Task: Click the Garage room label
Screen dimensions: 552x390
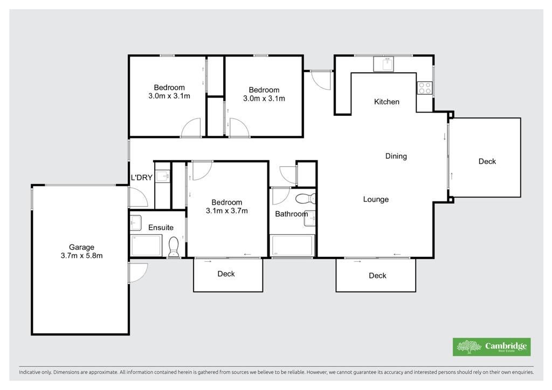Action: click(81, 247)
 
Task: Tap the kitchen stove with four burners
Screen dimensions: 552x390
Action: click(424, 88)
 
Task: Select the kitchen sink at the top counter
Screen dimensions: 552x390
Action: click(383, 64)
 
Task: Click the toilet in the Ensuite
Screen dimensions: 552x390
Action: click(174, 247)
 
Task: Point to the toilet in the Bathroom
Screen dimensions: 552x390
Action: click(306, 199)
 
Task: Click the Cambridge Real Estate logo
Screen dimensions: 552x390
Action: click(492, 347)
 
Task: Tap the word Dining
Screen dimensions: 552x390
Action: click(396, 156)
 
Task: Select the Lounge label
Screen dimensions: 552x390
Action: click(376, 199)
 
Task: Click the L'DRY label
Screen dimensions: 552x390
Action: click(142, 178)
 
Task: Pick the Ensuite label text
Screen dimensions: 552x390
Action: click(161, 227)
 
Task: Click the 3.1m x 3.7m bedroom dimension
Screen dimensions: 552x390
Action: click(227, 211)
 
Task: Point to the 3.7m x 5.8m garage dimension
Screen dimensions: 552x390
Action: click(82, 256)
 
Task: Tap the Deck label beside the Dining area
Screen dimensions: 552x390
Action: click(487, 162)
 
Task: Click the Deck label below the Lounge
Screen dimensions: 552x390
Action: click(377, 276)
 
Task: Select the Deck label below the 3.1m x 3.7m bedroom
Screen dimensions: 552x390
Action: click(226, 274)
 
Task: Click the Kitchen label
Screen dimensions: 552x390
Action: click(387, 102)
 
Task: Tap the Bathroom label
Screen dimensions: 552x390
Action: click(292, 214)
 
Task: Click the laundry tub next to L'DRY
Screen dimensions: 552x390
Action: click(163, 176)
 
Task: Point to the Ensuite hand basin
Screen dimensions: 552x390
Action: click(136, 222)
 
